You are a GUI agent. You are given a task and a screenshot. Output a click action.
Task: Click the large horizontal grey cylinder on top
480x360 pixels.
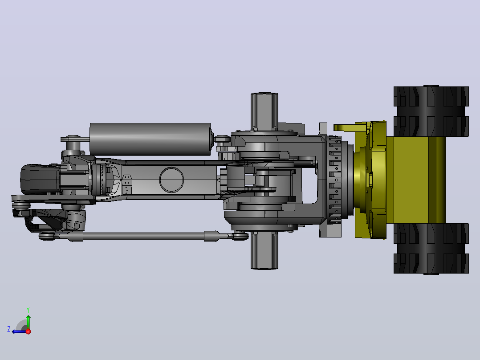point(151,139)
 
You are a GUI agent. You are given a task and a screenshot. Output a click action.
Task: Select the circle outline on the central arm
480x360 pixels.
point(171,168)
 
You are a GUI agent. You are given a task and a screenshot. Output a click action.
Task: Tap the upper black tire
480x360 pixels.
point(431,111)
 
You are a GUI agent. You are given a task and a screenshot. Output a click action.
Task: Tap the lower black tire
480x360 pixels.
point(431,249)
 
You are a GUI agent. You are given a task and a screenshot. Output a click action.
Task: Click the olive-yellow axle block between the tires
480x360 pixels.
point(416,180)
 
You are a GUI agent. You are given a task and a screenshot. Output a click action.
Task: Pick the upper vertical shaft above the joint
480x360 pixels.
point(264,111)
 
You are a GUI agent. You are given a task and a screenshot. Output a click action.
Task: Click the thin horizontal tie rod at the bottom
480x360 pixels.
point(144,236)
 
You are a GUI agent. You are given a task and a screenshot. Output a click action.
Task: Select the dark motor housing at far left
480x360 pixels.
point(40,179)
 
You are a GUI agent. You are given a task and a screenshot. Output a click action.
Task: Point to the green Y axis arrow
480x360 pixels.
point(28,322)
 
